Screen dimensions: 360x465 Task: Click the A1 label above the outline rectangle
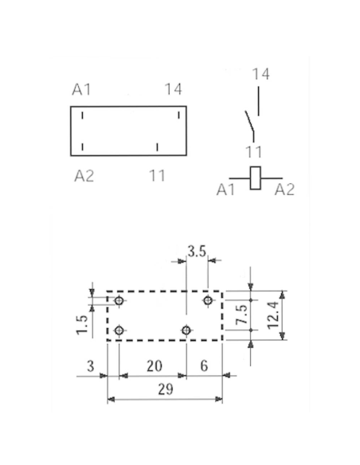81,89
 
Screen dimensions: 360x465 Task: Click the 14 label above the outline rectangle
174,89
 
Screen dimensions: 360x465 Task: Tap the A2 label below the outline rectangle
84,176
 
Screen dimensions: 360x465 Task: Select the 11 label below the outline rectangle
157,175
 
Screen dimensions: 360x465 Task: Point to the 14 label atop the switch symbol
261,74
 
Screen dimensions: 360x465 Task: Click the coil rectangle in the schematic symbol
255,178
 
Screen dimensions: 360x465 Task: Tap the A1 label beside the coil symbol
225,190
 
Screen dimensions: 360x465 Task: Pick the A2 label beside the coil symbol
284,190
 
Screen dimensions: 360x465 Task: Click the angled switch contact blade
249,121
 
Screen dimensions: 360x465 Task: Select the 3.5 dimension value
197,252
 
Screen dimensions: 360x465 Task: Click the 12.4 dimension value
273,315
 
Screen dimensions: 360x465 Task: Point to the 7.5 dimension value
242,315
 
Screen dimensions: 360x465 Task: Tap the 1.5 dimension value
82,325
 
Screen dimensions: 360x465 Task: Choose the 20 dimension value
155,366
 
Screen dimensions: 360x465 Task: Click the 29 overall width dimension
165,389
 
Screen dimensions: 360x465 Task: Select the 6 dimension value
204,366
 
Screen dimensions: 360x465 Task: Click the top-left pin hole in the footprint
119,300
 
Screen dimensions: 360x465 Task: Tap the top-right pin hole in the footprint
208,300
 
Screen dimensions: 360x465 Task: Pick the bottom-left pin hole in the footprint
119,330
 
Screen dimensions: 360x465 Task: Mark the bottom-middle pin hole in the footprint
186,330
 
